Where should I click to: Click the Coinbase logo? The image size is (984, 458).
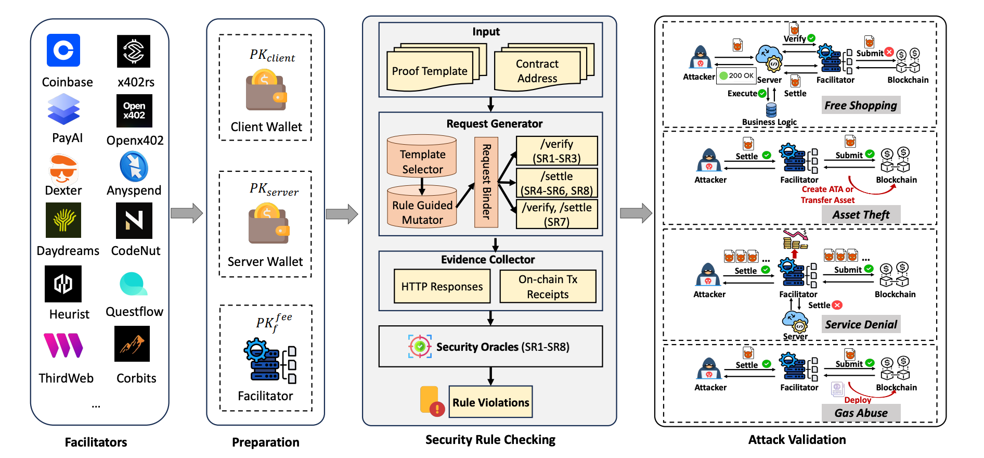(x=63, y=50)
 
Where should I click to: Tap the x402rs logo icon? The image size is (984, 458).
(x=134, y=51)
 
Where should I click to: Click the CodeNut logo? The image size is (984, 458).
(x=134, y=221)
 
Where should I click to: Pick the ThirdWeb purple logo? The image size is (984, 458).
(x=63, y=346)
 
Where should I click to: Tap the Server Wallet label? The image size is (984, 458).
(x=265, y=261)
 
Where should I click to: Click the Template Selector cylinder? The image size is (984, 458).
(x=422, y=156)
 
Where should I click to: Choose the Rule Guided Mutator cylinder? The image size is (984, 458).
(x=422, y=207)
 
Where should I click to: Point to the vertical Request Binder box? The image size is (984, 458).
(x=486, y=182)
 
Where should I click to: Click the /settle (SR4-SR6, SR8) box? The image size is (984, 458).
(x=557, y=183)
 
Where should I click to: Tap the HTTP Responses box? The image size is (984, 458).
(x=442, y=286)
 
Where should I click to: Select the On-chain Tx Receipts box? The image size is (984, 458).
(x=548, y=286)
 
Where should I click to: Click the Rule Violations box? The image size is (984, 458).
(x=490, y=402)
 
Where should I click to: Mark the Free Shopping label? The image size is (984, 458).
(x=861, y=105)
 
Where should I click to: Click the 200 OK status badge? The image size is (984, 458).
(x=736, y=75)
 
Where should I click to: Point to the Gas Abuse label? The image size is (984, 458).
(x=861, y=413)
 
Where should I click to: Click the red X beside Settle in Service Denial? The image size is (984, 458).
(x=837, y=305)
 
